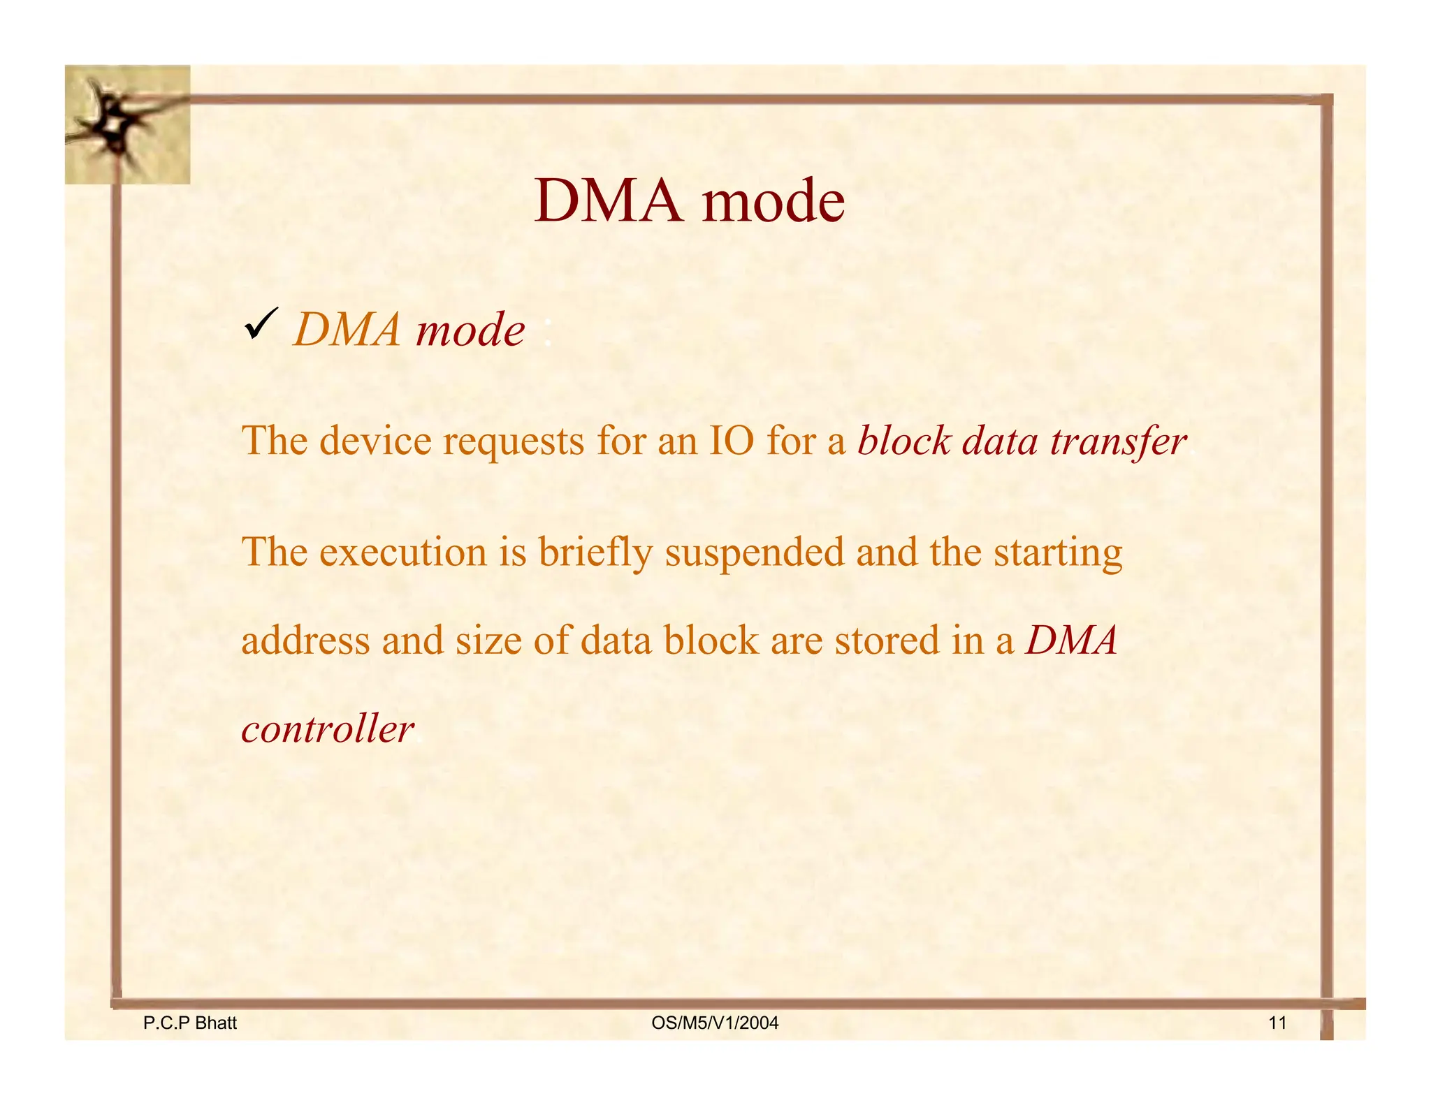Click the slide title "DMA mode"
(689, 201)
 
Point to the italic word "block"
(904, 441)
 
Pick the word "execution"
(403, 552)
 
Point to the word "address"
(305, 640)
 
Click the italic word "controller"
(328, 729)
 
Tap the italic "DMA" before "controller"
(1071, 640)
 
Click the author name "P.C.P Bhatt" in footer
(190, 1023)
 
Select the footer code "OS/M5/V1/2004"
(715, 1023)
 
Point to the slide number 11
(1277, 1023)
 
